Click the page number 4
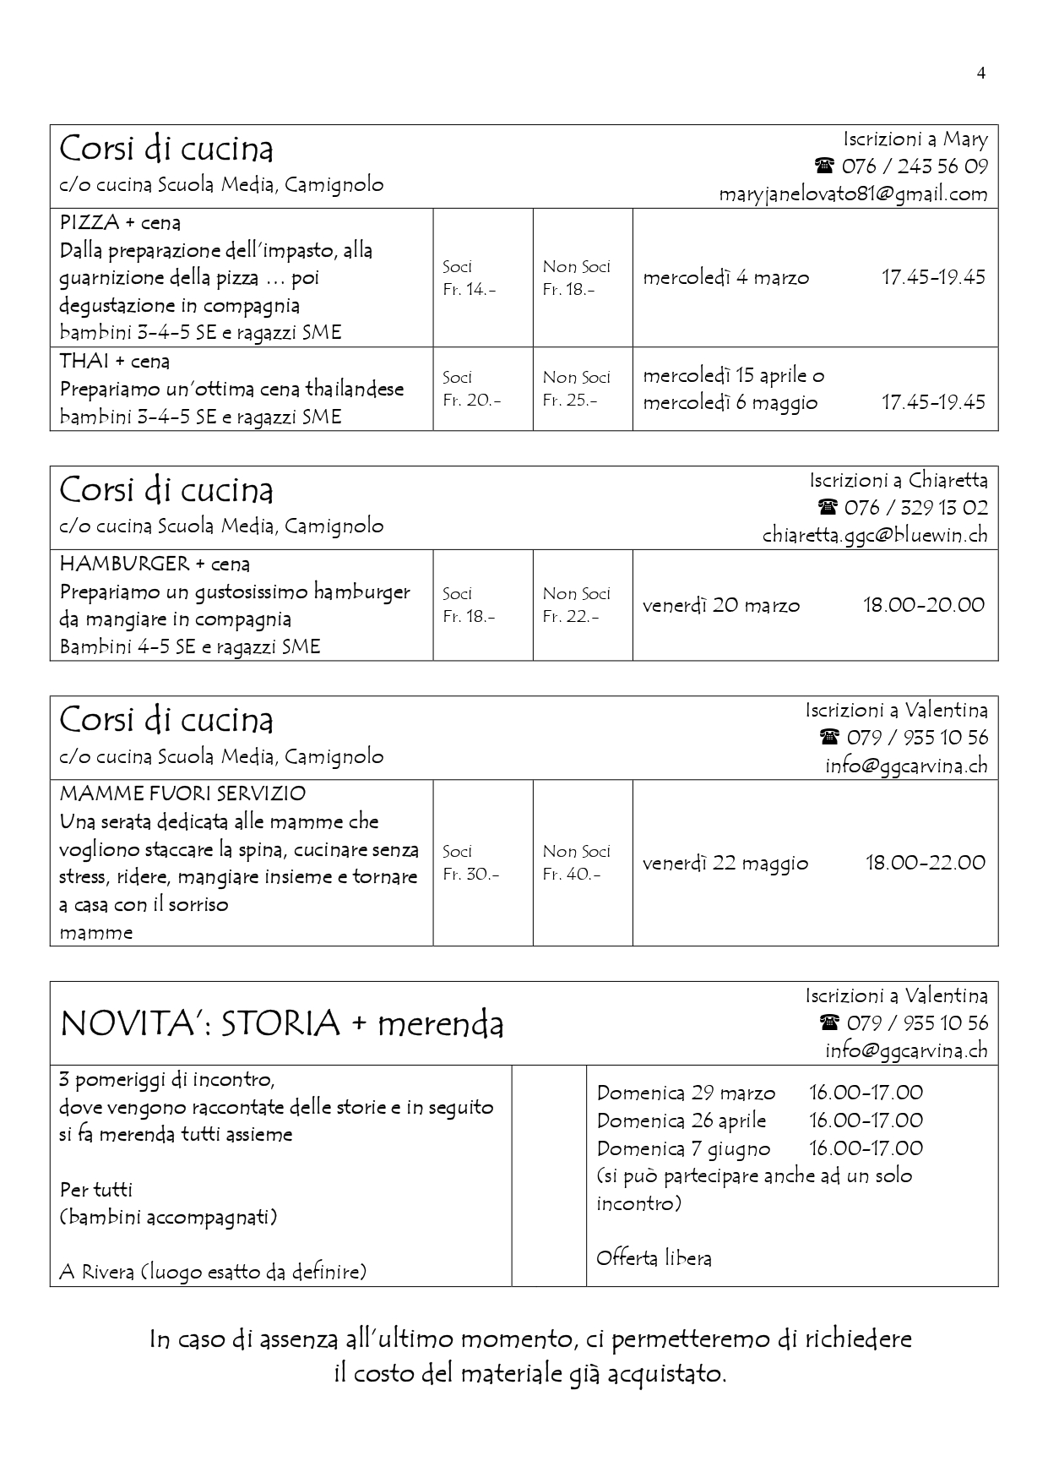pyautogui.click(x=980, y=73)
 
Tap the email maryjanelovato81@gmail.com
pyautogui.click(x=853, y=194)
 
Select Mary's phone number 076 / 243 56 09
pyautogui.click(x=914, y=166)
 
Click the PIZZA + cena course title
pyautogui.click(x=120, y=223)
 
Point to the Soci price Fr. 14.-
pyautogui.click(x=469, y=289)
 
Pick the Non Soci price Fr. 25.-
pyautogui.click(x=569, y=400)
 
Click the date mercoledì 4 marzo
pyautogui.click(x=725, y=277)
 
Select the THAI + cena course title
pyautogui.click(x=115, y=362)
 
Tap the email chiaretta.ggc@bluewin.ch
pyautogui.click(x=875, y=535)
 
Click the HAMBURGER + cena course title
pyautogui.click(x=155, y=564)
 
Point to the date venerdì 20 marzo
pyautogui.click(x=720, y=605)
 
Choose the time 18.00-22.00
pyautogui.click(x=925, y=863)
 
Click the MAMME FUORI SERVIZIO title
pyautogui.click(x=182, y=793)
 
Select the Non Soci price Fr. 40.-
pyautogui.click(x=571, y=874)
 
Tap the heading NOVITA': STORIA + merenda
pyautogui.click(x=282, y=1023)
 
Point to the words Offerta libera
pyautogui.click(x=654, y=1258)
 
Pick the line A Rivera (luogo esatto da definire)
pyautogui.click(x=213, y=1271)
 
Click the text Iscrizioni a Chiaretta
pyautogui.click(x=898, y=481)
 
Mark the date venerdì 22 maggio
pyautogui.click(x=725, y=863)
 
